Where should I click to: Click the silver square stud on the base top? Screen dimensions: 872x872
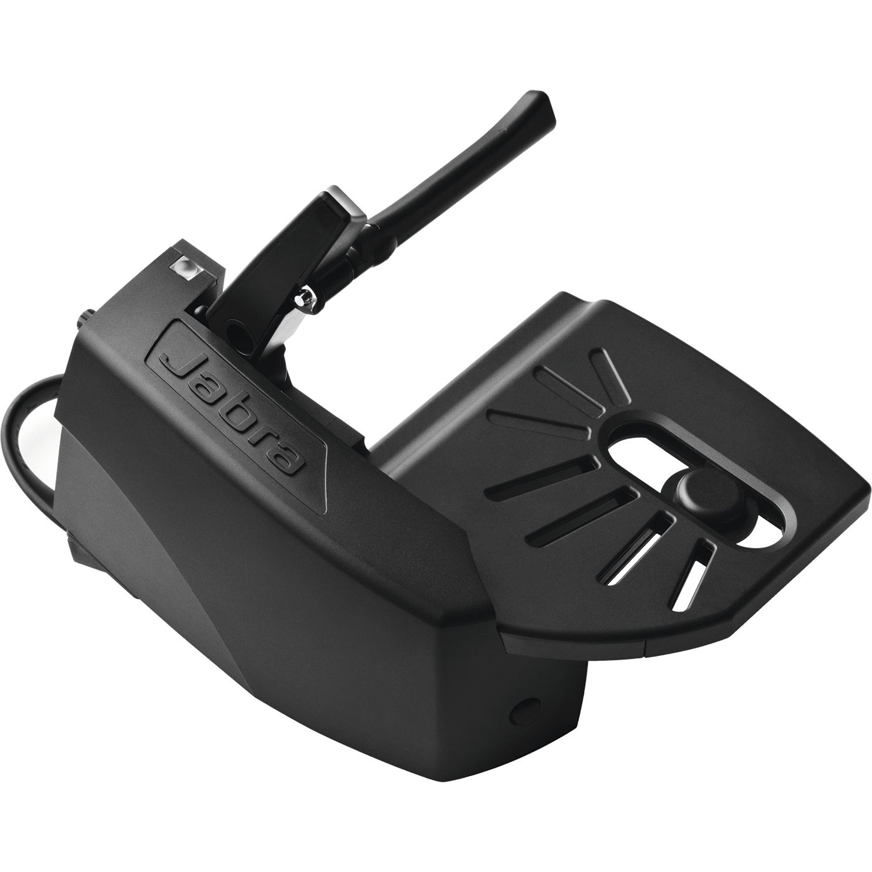click(185, 267)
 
